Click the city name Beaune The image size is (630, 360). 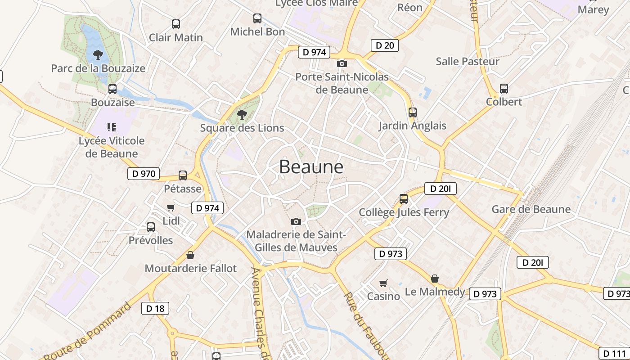(311, 166)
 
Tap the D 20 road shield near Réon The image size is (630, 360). (385, 45)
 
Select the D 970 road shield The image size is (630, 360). (144, 174)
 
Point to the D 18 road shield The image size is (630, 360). (156, 308)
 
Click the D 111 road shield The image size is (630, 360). (614, 353)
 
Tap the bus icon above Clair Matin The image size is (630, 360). (176, 24)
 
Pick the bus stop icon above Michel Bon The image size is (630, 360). (257, 18)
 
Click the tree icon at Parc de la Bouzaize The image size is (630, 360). (98, 55)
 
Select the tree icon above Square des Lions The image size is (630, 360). (242, 114)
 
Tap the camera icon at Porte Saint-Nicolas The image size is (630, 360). (342, 63)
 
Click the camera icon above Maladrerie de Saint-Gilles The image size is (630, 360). (296, 221)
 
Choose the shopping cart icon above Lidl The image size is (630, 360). (171, 207)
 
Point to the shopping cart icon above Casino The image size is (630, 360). (383, 283)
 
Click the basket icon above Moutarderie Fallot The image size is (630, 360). (190, 255)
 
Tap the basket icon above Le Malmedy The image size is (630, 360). (435, 279)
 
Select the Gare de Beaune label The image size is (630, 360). (531, 209)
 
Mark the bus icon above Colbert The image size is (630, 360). (504, 89)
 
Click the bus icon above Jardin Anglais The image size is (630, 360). (412, 112)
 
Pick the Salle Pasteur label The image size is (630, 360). (468, 62)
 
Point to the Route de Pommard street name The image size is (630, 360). (88, 332)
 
